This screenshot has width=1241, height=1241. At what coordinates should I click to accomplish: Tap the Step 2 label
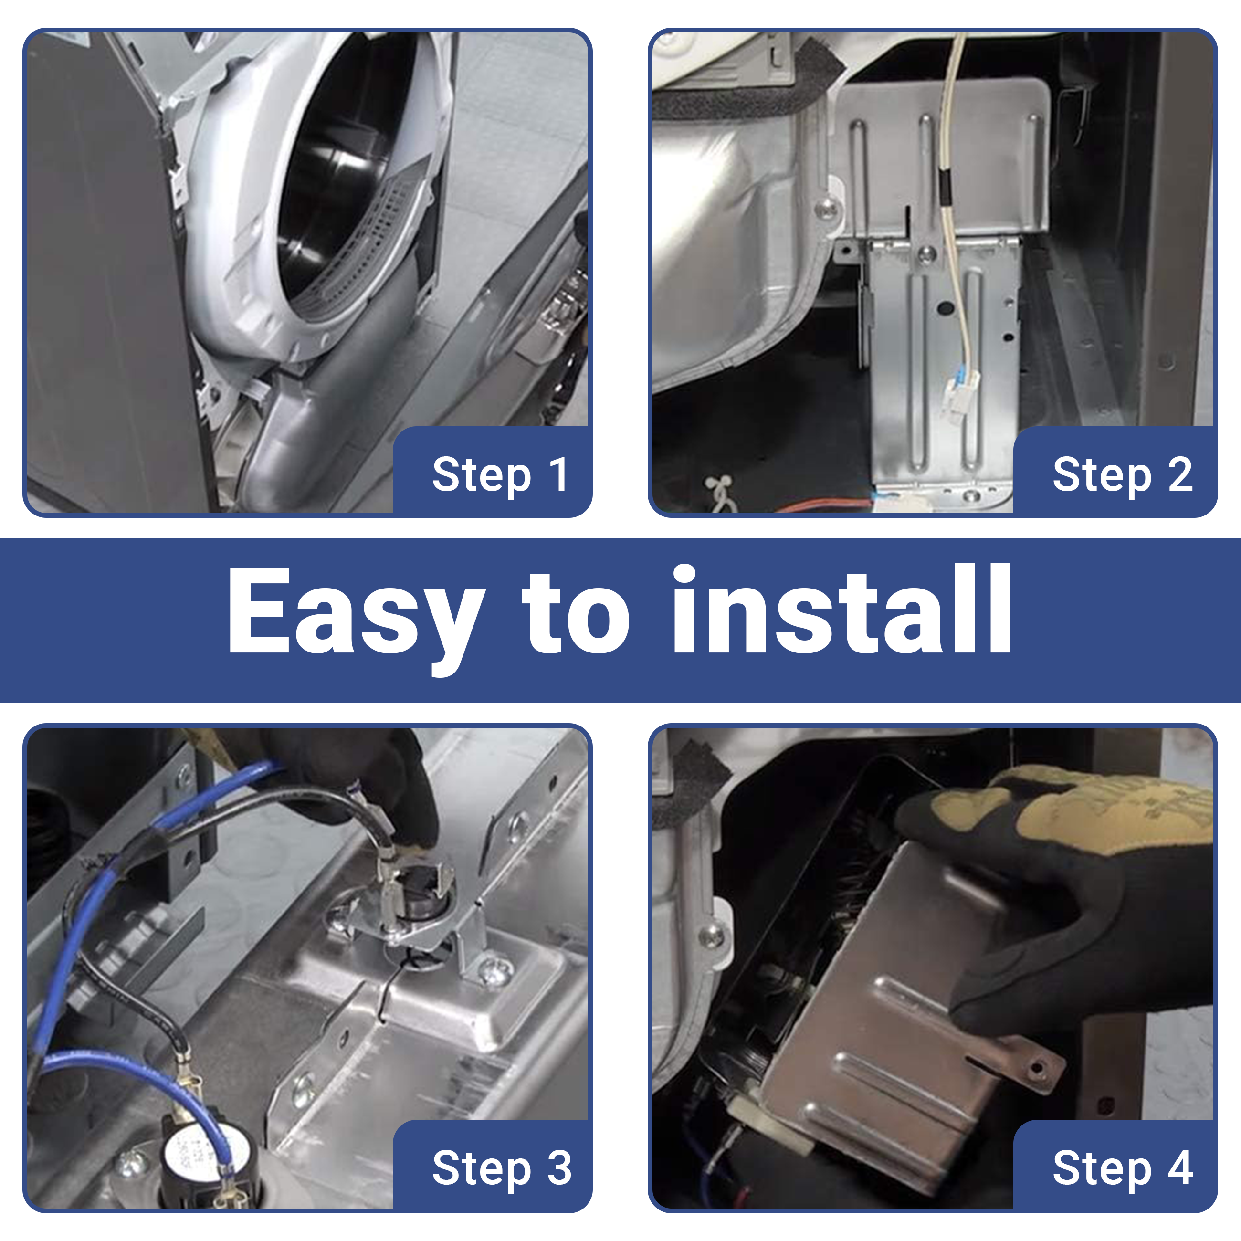tap(1123, 475)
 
